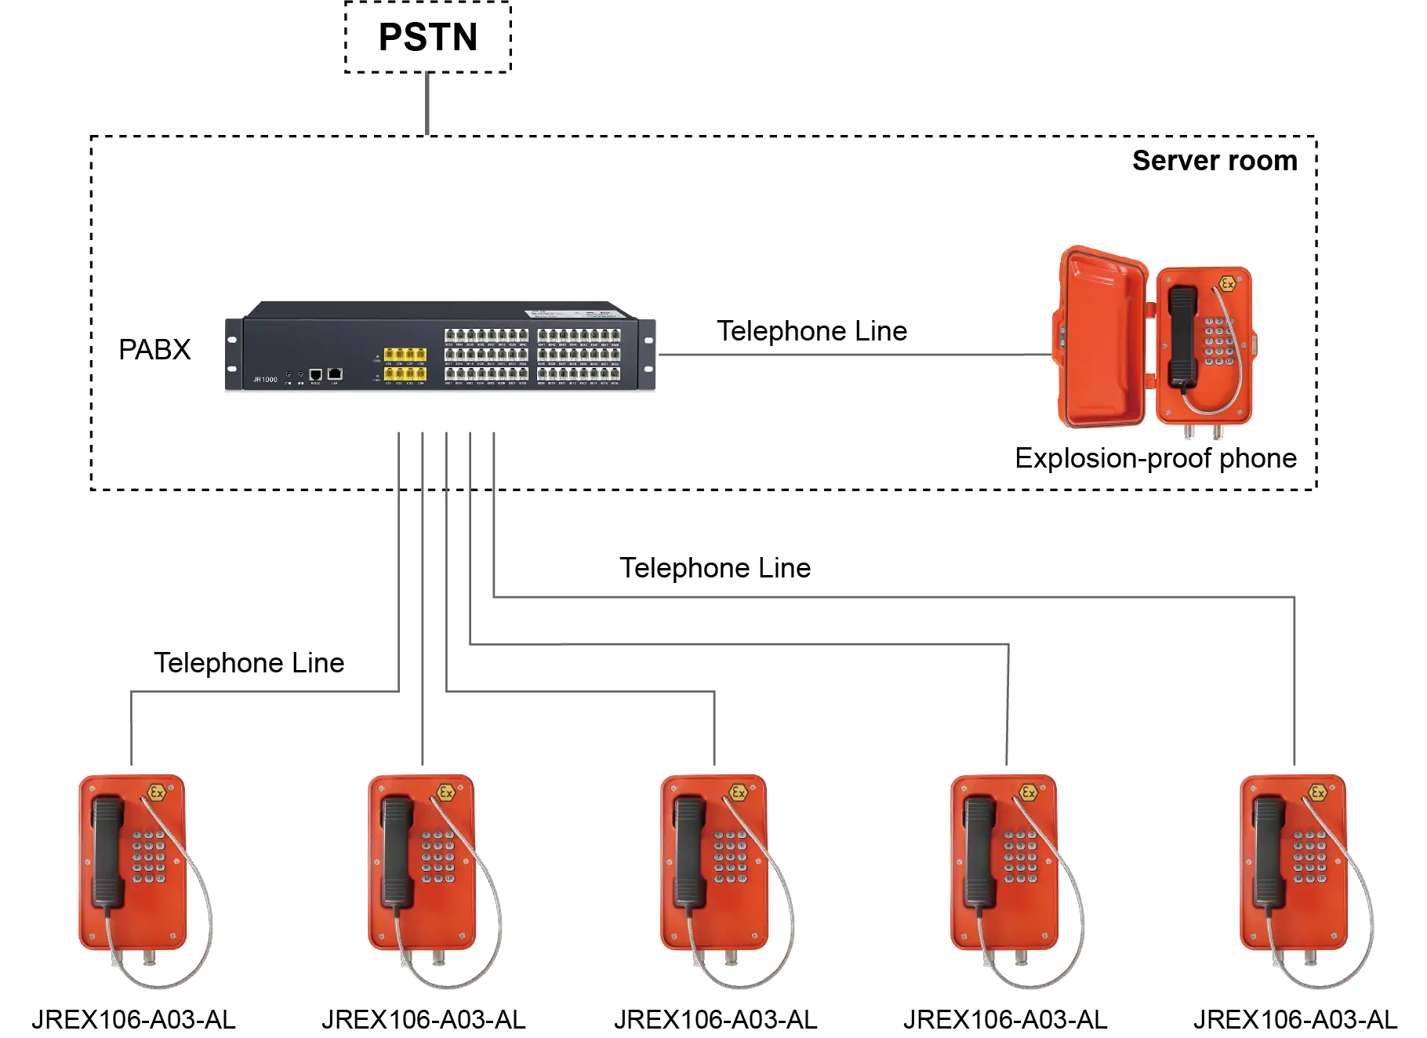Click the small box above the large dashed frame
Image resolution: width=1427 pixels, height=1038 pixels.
[x=426, y=38]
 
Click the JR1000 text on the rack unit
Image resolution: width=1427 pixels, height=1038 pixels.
[x=265, y=380]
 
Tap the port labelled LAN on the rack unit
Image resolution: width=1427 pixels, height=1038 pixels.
[x=335, y=373]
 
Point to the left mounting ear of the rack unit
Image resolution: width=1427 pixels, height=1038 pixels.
[x=232, y=353]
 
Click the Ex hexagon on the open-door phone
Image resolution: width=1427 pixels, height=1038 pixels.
[x=1227, y=284]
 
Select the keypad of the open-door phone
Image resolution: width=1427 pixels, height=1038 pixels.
[x=1219, y=342]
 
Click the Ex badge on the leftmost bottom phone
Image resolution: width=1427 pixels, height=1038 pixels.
[x=157, y=792]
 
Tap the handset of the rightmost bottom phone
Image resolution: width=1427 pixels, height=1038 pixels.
[x=1269, y=851]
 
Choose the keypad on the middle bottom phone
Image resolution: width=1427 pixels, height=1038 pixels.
[x=730, y=857]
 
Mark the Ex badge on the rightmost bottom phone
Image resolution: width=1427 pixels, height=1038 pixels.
[x=1318, y=792]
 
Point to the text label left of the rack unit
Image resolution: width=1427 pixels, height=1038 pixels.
[x=157, y=352]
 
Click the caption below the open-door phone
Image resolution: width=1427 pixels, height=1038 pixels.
[x=1156, y=460]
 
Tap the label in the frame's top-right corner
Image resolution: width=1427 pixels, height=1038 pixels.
[x=1213, y=162]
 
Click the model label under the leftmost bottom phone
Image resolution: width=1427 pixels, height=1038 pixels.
[x=135, y=1016]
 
